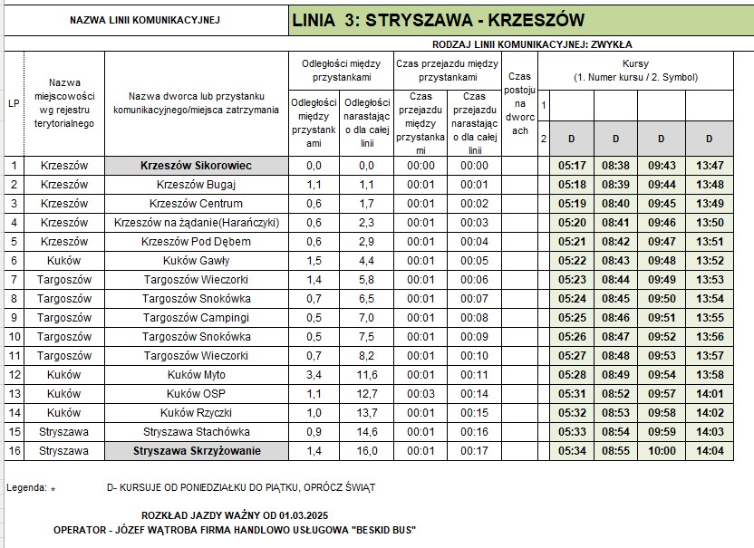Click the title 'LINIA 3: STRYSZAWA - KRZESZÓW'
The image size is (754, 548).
pyautogui.click(x=439, y=20)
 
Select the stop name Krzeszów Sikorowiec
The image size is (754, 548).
pyautogui.click(x=196, y=166)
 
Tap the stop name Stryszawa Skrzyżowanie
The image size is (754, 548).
pyautogui.click(x=197, y=450)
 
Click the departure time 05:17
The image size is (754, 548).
pyautogui.click(x=572, y=166)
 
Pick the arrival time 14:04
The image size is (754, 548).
pyautogui.click(x=709, y=450)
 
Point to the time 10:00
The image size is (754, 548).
pyautogui.click(x=662, y=450)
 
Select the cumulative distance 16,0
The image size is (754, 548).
pyautogui.click(x=366, y=450)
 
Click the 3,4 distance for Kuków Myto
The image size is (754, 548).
pyautogui.click(x=314, y=374)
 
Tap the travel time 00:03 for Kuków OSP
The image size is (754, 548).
pyautogui.click(x=420, y=393)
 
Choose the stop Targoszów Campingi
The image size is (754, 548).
pyautogui.click(x=196, y=317)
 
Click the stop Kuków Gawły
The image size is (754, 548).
pyautogui.click(x=196, y=261)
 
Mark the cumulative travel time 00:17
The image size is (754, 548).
pyautogui.click(x=473, y=450)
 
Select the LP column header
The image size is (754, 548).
pyautogui.click(x=14, y=103)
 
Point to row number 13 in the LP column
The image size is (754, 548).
pyautogui.click(x=14, y=393)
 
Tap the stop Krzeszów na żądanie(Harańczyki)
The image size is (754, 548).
pyautogui.click(x=196, y=223)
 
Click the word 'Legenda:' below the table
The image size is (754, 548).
pyautogui.click(x=27, y=487)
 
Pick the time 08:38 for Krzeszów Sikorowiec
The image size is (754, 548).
pyautogui.click(x=615, y=166)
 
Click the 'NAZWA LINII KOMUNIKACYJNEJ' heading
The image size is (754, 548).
pyautogui.click(x=144, y=20)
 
